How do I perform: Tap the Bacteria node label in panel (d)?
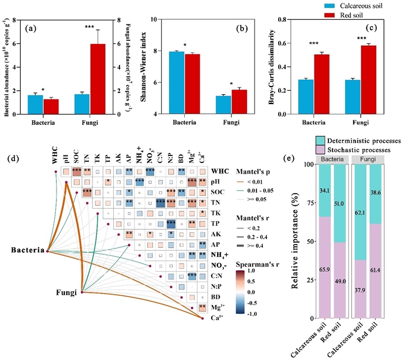(x=27, y=250)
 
